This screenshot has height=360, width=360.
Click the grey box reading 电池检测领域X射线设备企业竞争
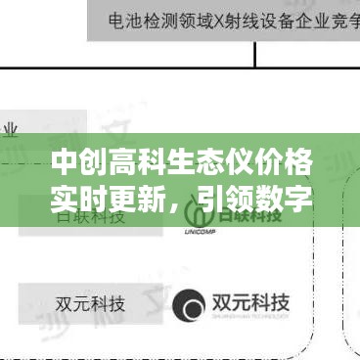223,20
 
